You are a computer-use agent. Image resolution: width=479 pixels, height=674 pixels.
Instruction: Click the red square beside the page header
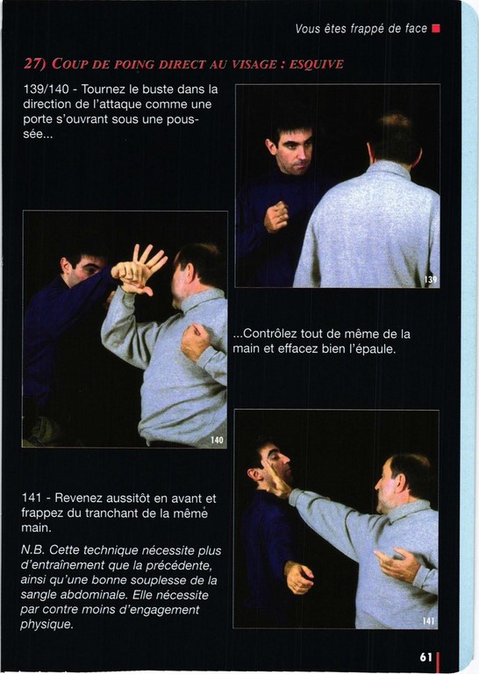click(x=436, y=29)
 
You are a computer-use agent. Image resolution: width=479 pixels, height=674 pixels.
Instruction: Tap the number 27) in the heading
click(x=35, y=64)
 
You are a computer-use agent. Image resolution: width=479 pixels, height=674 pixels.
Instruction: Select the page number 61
click(x=425, y=657)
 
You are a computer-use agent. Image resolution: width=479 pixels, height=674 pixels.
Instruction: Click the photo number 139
click(x=430, y=279)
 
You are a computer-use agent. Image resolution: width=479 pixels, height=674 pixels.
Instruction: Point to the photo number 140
click(x=217, y=440)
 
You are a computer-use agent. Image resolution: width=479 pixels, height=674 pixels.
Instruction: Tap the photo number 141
click(x=428, y=620)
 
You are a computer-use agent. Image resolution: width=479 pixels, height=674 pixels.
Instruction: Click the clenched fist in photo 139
click(x=275, y=217)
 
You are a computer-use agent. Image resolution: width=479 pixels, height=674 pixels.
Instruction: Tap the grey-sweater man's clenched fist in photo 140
click(x=196, y=341)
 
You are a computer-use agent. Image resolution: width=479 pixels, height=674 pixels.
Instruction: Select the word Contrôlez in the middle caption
click(x=269, y=333)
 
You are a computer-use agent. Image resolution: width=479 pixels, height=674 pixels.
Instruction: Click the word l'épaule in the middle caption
click(x=373, y=348)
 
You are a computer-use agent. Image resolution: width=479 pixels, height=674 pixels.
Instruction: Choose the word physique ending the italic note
click(x=46, y=625)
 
